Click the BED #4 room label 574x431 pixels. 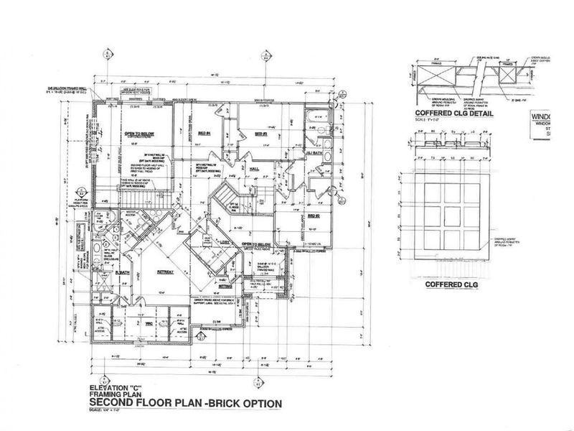pos(204,134)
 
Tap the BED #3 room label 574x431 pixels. pos(260,134)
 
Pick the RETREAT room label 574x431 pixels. pos(166,274)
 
